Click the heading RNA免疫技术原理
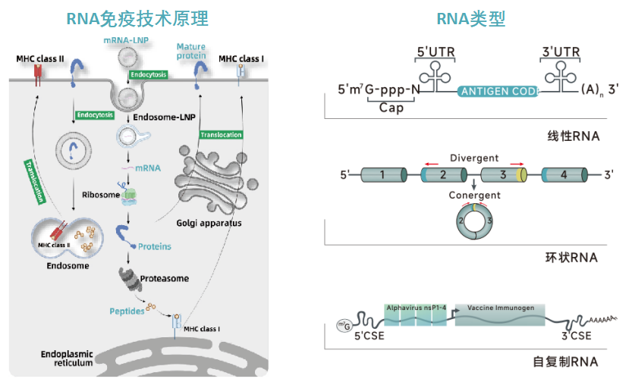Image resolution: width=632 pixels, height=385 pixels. coord(137,19)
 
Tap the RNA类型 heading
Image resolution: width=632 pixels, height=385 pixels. coord(470,19)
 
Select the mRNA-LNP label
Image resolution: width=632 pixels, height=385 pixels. coord(126,40)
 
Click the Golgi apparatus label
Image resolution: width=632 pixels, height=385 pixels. coord(209,223)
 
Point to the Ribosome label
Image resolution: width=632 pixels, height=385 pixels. coord(101,195)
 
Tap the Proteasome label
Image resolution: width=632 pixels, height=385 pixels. coord(165,278)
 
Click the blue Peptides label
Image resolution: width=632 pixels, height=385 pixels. coord(127,311)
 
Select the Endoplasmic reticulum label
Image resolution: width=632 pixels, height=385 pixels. coord(67,358)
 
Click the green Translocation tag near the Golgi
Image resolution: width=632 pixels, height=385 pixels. coord(222,135)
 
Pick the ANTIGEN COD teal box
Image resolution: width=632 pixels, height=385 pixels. coord(498,92)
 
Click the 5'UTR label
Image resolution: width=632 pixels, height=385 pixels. coord(435,52)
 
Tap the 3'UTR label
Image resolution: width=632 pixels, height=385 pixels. coord(561,52)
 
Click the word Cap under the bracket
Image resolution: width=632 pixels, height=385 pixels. coord(391,108)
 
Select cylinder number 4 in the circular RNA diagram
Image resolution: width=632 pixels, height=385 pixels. coord(564,175)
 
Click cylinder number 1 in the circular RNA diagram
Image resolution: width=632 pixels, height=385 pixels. coord(384,175)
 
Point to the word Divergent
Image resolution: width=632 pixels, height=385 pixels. coord(474,158)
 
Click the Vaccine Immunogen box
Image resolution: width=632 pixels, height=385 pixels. coord(500,315)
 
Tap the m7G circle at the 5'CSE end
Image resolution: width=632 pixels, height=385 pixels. coord(344,325)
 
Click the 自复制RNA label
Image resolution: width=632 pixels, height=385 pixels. coord(565,362)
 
